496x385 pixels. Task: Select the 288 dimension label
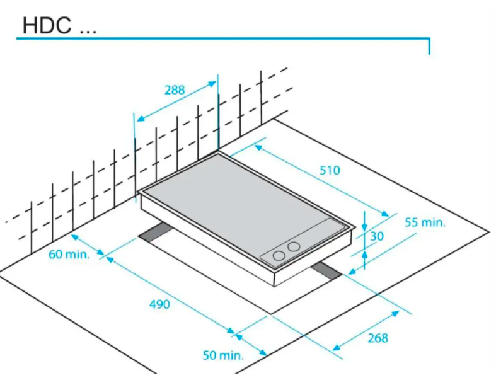coord(175,90)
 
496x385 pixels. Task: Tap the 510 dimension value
coord(329,170)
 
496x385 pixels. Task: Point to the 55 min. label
coord(424,222)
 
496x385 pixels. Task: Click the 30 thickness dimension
coord(378,236)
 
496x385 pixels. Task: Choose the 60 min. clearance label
coord(69,255)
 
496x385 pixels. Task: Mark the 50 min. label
coord(222,355)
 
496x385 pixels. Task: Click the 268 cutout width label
coord(378,338)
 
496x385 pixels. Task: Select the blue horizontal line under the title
coord(221,39)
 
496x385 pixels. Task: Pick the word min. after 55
coord(434,222)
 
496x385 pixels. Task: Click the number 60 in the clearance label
coord(56,255)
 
